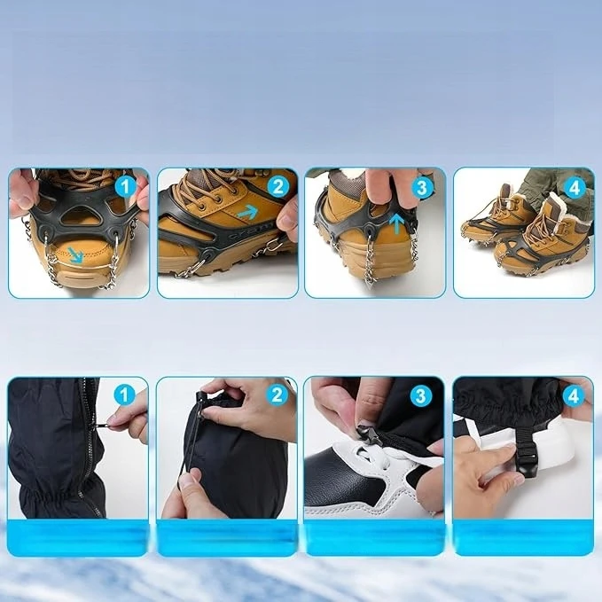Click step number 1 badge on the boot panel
click(x=126, y=187)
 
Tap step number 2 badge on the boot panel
click(x=278, y=187)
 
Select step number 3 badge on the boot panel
click(x=422, y=187)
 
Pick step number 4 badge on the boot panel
click(x=575, y=187)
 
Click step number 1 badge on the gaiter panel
click(x=125, y=395)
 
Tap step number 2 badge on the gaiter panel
click(x=277, y=395)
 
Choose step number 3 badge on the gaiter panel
click(x=421, y=395)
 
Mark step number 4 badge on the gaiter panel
click(x=574, y=395)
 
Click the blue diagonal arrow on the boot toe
click(x=75, y=256)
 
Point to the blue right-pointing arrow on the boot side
click(x=247, y=212)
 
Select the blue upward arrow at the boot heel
click(x=397, y=224)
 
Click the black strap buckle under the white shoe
click(x=525, y=458)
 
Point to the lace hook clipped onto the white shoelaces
click(x=370, y=434)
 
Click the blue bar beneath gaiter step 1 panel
click(x=78, y=537)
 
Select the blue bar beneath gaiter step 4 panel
click(x=523, y=537)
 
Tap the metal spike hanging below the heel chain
click(x=371, y=285)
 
